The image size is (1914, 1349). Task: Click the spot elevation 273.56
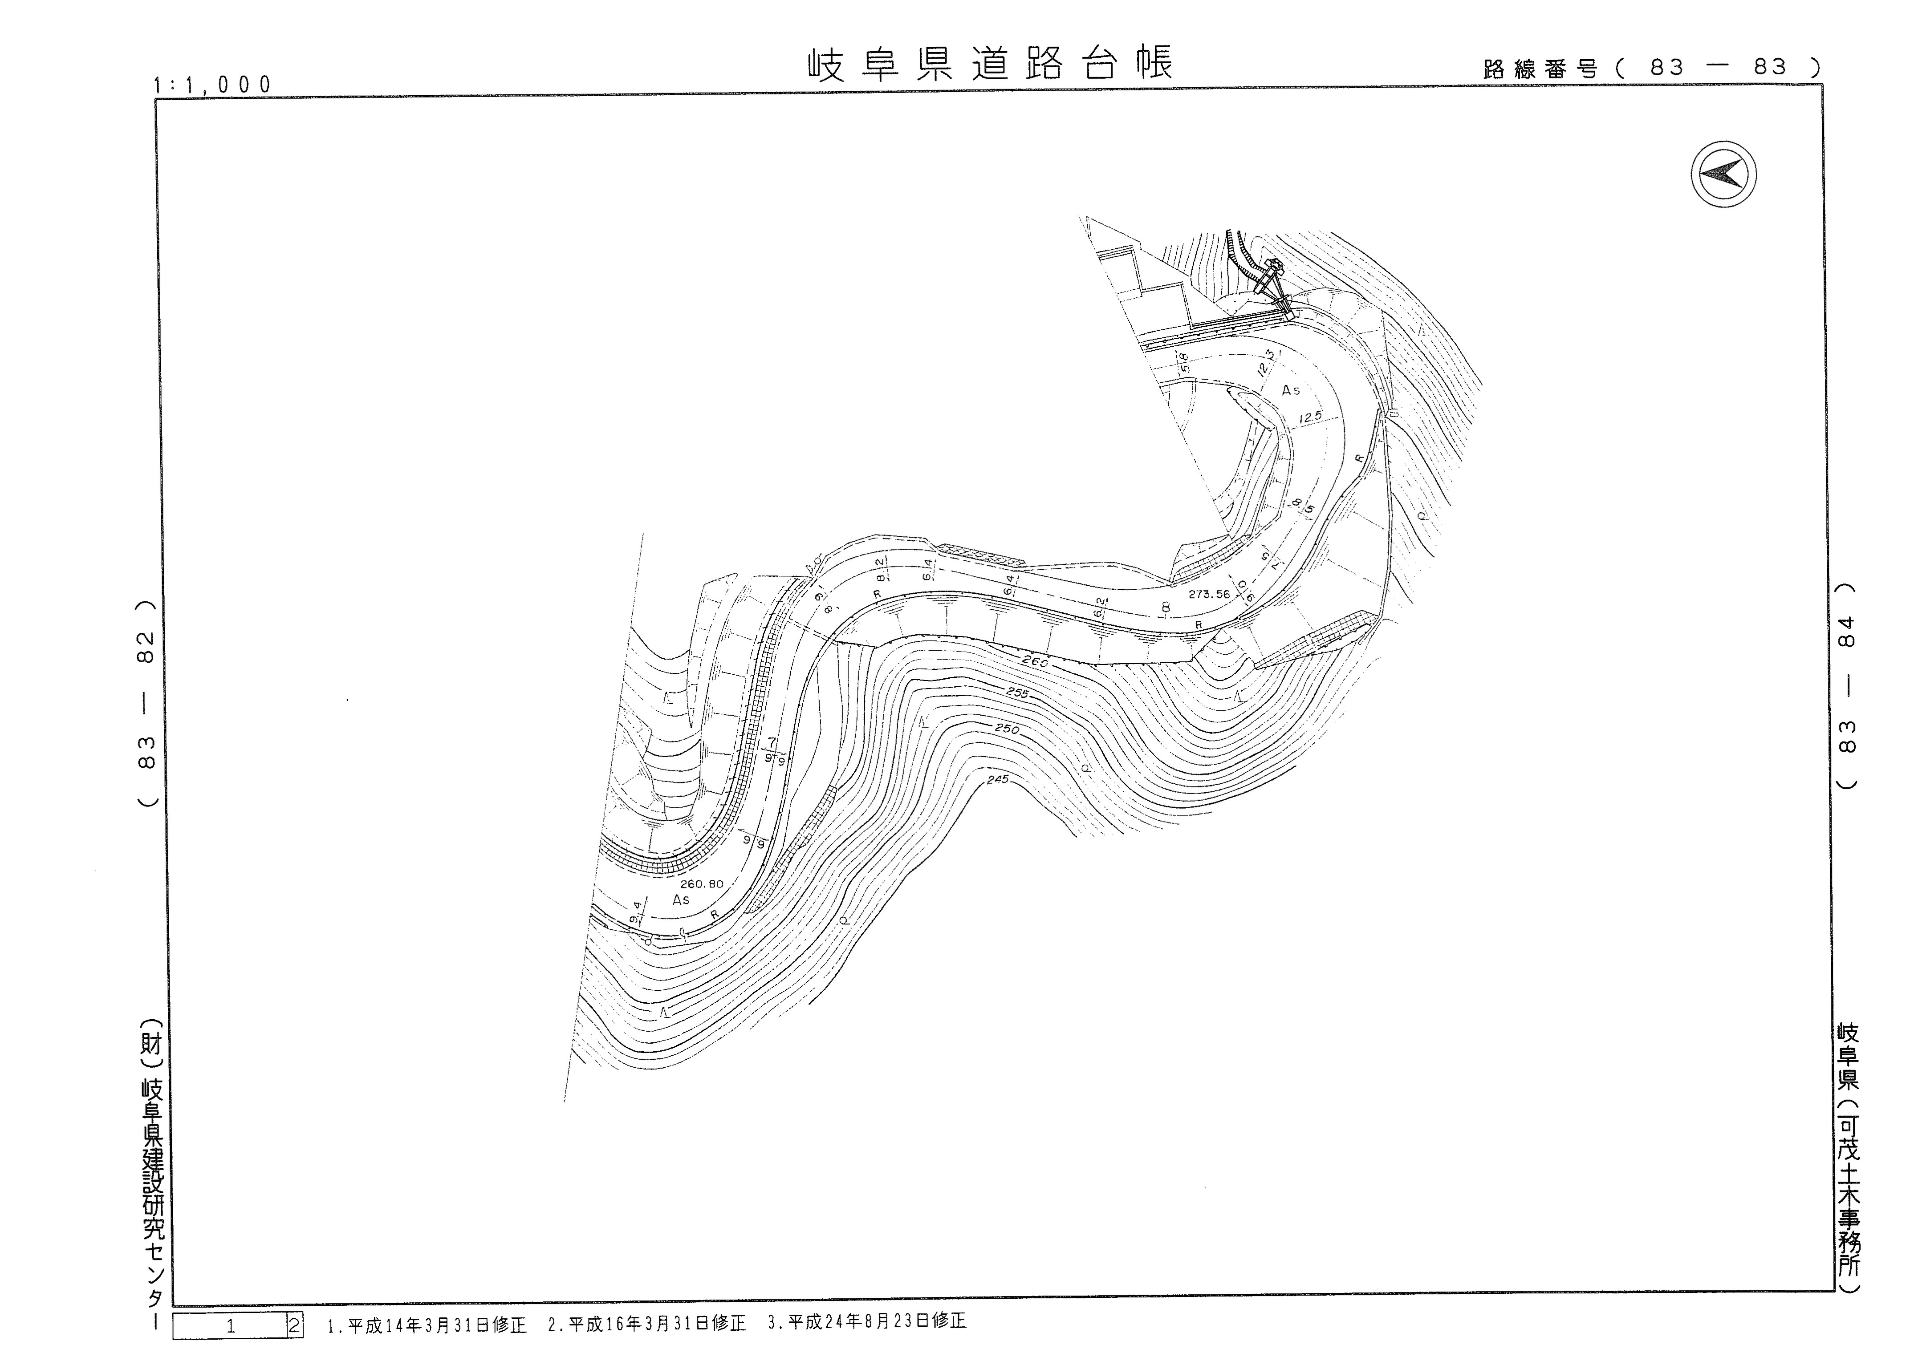point(1210,594)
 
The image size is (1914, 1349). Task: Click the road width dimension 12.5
point(1310,417)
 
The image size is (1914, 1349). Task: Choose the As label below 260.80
point(681,900)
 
